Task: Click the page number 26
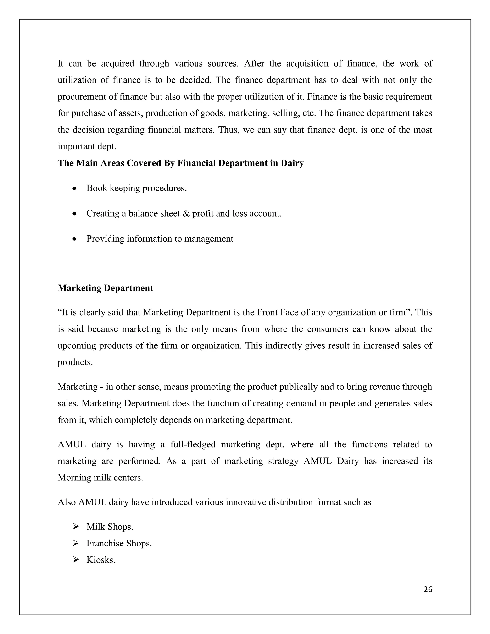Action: pos(428,589)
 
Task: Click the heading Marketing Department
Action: pos(105,288)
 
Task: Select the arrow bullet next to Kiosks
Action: pos(76,559)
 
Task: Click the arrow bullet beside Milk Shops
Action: pos(76,526)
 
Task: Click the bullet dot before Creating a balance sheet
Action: pos(75,214)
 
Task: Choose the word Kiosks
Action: pos(100,560)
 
